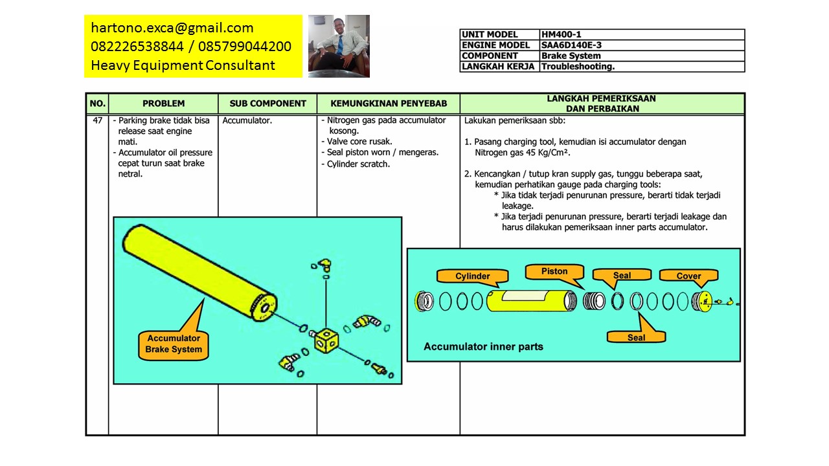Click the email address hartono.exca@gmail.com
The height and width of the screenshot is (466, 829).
pyautogui.click(x=172, y=28)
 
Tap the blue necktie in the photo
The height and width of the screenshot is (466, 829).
pyautogui.click(x=340, y=45)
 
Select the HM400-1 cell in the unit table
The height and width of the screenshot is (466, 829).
pyautogui.click(x=642, y=34)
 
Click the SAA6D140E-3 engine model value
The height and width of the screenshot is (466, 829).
pyautogui.click(x=642, y=45)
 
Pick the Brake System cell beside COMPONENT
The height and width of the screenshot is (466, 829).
pyautogui.click(x=642, y=56)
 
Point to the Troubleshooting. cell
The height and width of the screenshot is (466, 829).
pyautogui.click(x=642, y=67)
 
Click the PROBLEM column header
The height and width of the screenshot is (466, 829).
pyautogui.click(x=164, y=104)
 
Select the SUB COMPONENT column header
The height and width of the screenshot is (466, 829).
pyautogui.click(x=267, y=104)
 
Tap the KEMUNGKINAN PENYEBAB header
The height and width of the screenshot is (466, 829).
pyautogui.click(x=389, y=104)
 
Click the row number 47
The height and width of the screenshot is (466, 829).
pyautogui.click(x=97, y=120)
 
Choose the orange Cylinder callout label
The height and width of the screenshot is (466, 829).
pyautogui.click(x=473, y=276)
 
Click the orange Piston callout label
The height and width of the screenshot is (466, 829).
pyautogui.click(x=554, y=271)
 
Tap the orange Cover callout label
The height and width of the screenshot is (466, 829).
pyautogui.click(x=688, y=276)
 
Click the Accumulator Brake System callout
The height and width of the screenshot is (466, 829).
pyautogui.click(x=174, y=344)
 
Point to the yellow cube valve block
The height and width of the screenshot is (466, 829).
pyautogui.click(x=326, y=340)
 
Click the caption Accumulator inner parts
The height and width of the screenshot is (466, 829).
pyautogui.click(x=483, y=347)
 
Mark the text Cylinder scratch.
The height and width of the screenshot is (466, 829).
pyautogui.click(x=358, y=164)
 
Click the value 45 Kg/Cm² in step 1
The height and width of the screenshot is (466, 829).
pyautogui.click(x=547, y=153)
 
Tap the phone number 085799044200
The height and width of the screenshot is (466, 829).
pyautogui.click(x=245, y=47)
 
